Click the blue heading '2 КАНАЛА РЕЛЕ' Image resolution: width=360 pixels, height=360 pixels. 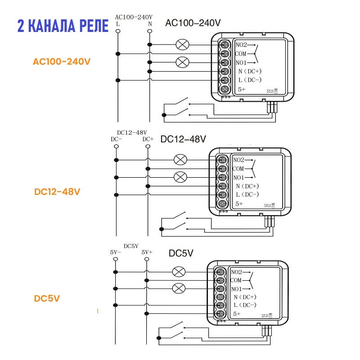(x=63, y=26)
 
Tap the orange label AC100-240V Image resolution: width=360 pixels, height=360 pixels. (x=62, y=61)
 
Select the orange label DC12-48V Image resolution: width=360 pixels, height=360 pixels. (x=57, y=191)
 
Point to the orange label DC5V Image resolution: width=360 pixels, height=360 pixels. (x=47, y=298)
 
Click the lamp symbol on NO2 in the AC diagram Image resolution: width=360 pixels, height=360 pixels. (x=182, y=45)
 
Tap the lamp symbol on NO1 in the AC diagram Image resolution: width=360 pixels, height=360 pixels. (x=182, y=62)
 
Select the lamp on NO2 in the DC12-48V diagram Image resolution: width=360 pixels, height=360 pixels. (x=180, y=160)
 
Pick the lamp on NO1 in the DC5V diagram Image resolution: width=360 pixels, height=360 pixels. (x=179, y=288)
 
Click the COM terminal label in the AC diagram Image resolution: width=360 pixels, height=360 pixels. (x=241, y=54)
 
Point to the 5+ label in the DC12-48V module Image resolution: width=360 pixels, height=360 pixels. (x=239, y=204)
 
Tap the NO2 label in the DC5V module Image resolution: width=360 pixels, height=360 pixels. (x=236, y=272)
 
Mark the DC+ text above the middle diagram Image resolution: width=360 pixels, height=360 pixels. (x=148, y=139)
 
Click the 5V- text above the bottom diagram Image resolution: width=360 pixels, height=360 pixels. (x=116, y=252)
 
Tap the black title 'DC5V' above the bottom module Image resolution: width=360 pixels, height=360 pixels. (x=181, y=253)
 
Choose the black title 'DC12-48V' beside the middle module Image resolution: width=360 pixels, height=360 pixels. (x=183, y=139)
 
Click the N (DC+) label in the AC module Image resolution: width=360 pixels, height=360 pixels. (x=249, y=71)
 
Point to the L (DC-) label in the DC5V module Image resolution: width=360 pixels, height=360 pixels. (x=245, y=305)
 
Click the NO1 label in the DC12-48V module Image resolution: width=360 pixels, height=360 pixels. (x=239, y=177)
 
